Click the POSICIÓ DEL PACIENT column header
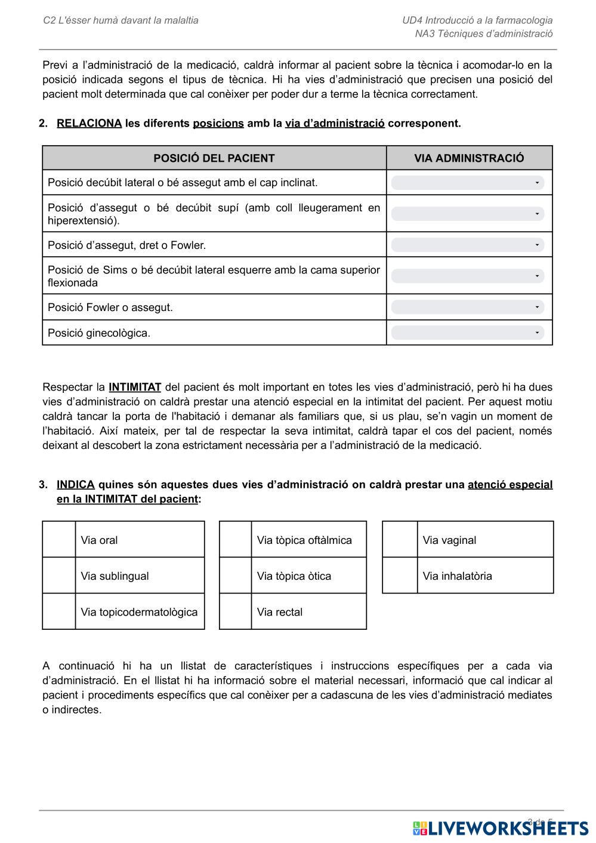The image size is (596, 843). point(214,158)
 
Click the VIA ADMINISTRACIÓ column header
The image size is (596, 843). point(469,158)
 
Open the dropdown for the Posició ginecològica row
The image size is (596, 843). point(468,333)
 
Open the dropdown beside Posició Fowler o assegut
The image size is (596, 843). point(468,307)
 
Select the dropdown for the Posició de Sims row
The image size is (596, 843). point(468,276)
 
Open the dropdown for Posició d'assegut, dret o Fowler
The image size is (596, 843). point(468,245)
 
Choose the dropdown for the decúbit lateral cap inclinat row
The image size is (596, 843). point(468,183)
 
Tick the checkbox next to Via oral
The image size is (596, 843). point(59,540)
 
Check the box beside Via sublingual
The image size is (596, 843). point(59,576)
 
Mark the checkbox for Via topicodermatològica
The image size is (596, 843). point(59,611)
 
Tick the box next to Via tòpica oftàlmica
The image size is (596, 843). point(236,540)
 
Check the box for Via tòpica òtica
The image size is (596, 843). point(236,576)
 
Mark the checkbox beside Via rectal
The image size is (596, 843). point(236,611)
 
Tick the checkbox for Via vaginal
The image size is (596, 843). point(400,540)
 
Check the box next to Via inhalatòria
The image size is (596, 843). point(400,576)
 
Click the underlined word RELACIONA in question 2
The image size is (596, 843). point(89,124)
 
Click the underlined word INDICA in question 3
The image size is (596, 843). point(76,485)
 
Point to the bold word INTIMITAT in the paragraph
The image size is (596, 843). point(135,387)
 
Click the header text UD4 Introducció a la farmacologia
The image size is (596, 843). point(477,20)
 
